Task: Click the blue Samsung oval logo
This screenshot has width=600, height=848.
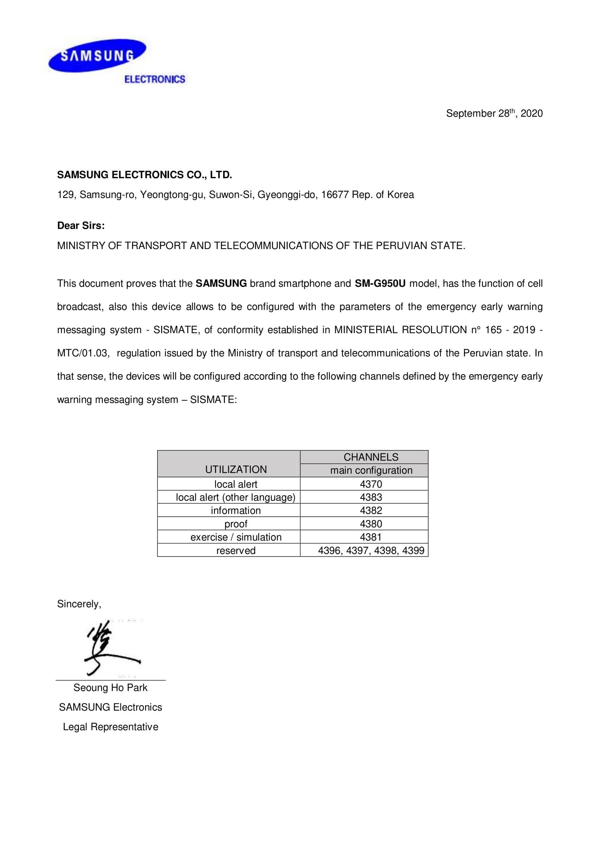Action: (x=98, y=56)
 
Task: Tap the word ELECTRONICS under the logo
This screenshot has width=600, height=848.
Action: (x=155, y=79)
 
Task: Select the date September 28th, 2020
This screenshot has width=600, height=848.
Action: (x=494, y=113)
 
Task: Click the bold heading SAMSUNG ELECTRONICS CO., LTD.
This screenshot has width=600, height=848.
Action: (x=144, y=175)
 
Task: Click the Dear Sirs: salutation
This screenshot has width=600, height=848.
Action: (x=81, y=226)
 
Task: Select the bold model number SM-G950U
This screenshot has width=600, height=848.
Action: (x=380, y=284)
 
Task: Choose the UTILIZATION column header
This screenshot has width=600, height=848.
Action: (x=236, y=469)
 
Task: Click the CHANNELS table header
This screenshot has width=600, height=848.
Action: (x=371, y=457)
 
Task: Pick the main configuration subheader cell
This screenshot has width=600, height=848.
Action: (x=371, y=471)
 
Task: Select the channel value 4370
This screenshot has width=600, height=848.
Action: (x=371, y=484)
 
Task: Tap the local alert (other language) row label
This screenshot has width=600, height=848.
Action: (x=236, y=497)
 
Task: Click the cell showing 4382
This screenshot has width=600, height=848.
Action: (x=371, y=511)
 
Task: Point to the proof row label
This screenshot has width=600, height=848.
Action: (x=236, y=524)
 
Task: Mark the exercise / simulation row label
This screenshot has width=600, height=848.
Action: (x=236, y=537)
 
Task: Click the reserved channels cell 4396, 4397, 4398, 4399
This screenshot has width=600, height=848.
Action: (x=371, y=551)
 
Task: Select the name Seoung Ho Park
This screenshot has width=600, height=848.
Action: (x=111, y=688)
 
